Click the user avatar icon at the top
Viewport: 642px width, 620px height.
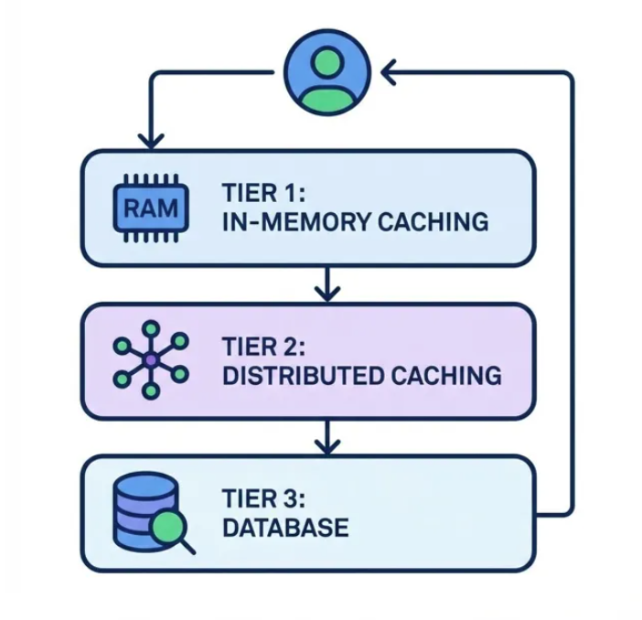[x=326, y=72]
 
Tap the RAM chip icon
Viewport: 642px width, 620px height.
[x=150, y=208]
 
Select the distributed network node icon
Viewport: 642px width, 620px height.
[x=150, y=359]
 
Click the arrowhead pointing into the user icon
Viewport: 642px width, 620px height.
[x=388, y=72]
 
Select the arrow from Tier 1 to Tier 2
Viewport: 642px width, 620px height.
[x=326, y=283]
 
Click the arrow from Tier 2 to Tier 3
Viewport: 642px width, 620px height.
[x=326, y=436]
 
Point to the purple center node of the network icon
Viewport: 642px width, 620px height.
[x=150, y=359]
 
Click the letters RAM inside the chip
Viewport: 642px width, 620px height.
[x=150, y=208]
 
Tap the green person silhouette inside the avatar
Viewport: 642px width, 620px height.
[x=326, y=81]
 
